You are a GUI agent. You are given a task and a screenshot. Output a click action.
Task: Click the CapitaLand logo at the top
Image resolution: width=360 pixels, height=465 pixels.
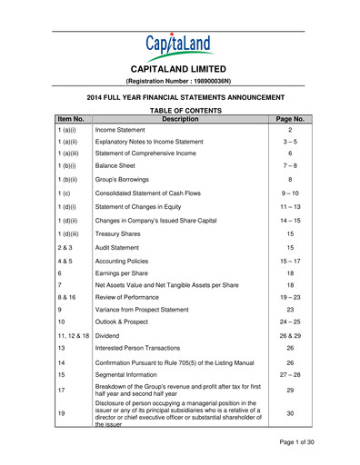[179, 45]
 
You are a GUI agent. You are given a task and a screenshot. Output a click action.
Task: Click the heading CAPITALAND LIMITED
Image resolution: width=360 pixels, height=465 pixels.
[179, 69]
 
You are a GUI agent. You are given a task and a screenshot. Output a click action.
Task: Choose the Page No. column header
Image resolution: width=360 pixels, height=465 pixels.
[289, 118]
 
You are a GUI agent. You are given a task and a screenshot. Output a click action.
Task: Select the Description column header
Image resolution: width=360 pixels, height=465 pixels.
[179, 118]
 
